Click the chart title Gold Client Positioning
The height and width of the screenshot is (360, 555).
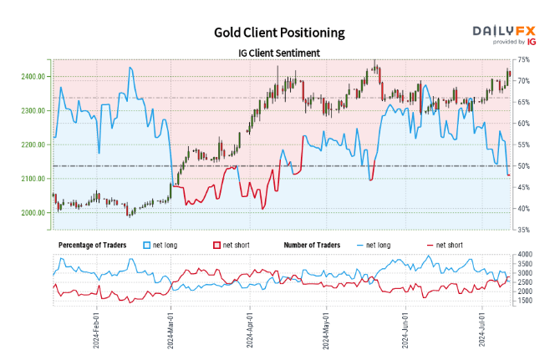coord(278,33)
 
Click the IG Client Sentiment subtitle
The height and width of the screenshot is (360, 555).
coord(278,53)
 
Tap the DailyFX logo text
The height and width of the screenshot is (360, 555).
coord(504,30)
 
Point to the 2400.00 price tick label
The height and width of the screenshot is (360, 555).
coord(35,77)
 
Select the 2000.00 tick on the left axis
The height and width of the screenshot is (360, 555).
coord(35,213)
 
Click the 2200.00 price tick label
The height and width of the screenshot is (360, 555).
coord(35,145)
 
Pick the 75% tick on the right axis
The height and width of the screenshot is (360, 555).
coord(524,60)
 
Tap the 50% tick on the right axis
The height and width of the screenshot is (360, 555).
coord(524,166)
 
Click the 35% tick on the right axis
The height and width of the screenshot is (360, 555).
coord(524,230)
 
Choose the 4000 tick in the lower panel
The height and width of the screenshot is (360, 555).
coord(525,254)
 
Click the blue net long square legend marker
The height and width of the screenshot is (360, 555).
coord(148,245)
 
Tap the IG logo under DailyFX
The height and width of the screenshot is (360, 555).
coord(531,41)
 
